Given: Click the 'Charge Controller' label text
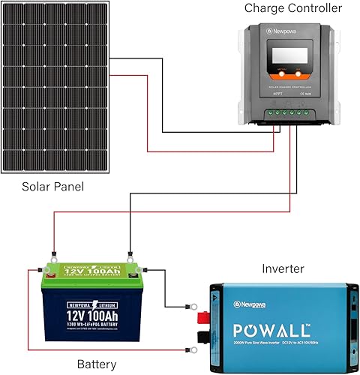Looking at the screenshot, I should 292,9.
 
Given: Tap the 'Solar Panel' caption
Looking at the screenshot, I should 52,186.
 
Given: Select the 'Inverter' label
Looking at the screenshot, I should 283,268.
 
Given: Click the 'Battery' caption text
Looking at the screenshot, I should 97,364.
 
